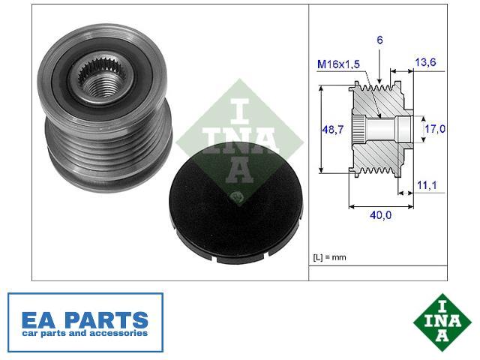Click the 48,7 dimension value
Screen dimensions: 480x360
coord(333,130)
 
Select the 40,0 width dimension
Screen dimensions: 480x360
coord(380,215)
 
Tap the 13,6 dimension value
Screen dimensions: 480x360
coord(425,62)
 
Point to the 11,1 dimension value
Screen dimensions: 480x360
coord(427,185)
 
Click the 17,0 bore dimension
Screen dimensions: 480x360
coord(435,129)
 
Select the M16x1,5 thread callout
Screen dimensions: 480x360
coord(338,64)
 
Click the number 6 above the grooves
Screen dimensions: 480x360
coord(379,40)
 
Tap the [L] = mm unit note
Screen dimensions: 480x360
coord(329,257)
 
